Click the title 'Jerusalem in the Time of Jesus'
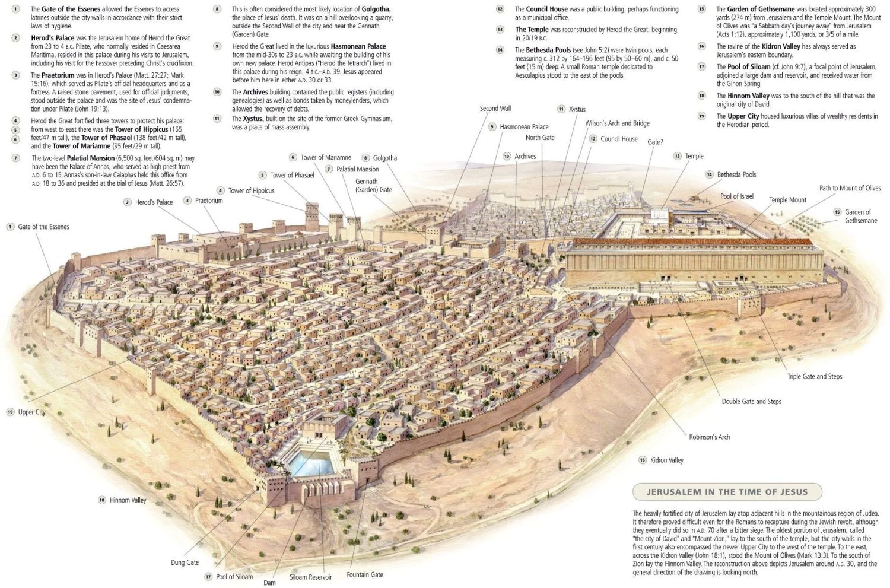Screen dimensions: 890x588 727,492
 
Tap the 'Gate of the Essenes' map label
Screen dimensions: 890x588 44,227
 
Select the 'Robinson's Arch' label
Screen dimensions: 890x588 709,437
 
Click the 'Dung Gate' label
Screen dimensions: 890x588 185,562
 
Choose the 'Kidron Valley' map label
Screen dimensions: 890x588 667,460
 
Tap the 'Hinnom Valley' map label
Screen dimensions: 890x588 128,500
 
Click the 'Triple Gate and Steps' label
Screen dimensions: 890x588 815,376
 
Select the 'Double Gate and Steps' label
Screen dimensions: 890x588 751,401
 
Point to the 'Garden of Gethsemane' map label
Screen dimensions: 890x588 860,216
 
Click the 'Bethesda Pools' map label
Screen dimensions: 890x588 736,174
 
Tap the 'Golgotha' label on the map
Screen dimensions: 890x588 385,158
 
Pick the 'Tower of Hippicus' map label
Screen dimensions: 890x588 251,190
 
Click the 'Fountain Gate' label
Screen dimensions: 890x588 365,574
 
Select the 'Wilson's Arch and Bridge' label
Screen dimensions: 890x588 617,123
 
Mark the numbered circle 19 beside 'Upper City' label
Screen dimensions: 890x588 10,412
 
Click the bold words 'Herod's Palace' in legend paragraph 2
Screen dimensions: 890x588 52,38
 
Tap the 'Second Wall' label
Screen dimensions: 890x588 495,108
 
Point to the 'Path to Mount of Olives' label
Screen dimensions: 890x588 850,188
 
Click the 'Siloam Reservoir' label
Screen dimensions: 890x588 310,577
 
